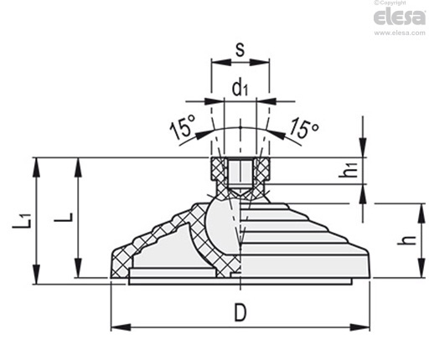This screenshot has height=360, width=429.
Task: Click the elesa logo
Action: pyautogui.click(x=400, y=18)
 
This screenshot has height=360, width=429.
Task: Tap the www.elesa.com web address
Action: pyautogui.click(x=400, y=33)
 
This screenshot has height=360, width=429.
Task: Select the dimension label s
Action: pyautogui.click(x=240, y=49)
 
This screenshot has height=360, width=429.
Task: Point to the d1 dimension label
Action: pyautogui.click(x=240, y=88)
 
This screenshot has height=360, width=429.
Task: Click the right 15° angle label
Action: pyautogui.click(x=304, y=127)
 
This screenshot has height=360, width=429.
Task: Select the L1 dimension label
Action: pyautogui.click(x=22, y=221)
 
